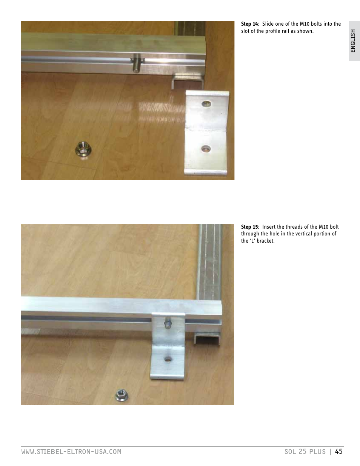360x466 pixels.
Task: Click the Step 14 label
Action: (x=249, y=24)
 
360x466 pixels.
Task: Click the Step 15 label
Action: (x=249, y=227)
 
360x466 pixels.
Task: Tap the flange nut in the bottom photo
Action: (x=121, y=395)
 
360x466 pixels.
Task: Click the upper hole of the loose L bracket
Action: (x=206, y=103)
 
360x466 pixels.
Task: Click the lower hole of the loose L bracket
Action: (x=206, y=149)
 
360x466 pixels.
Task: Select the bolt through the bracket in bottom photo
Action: (x=168, y=324)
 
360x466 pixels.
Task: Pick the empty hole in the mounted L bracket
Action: (x=168, y=359)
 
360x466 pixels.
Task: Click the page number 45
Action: (x=339, y=451)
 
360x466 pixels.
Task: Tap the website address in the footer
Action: (x=71, y=452)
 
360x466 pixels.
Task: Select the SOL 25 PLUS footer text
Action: (x=305, y=452)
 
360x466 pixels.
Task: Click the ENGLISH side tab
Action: (x=354, y=41)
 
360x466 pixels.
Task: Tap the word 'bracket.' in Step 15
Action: (x=266, y=241)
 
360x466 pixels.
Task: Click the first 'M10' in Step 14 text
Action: (x=305, y=24)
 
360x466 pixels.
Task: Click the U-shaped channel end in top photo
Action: (x=187, y=81)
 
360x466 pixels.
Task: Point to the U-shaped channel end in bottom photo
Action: (x=208, y=338)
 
